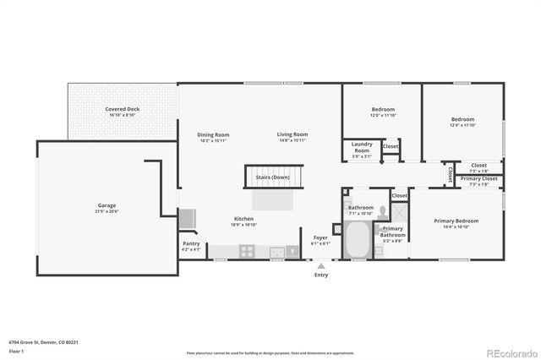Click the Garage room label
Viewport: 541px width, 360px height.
106,205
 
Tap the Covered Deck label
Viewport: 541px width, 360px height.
123,110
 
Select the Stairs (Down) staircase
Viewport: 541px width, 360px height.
270,177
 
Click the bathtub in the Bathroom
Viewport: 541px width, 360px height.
359,239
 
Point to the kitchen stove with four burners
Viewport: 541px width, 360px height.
248,251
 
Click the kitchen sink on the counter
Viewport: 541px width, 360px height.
276,251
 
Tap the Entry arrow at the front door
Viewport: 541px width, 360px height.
321,264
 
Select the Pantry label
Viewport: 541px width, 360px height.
192,243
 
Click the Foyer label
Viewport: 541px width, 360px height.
321,238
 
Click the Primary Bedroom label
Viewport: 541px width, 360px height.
456,221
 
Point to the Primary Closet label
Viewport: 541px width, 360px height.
478,179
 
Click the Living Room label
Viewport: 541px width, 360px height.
292,134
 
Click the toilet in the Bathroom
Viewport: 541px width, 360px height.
383,213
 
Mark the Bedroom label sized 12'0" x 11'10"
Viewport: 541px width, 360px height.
383,110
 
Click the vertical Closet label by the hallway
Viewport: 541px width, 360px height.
451,173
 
